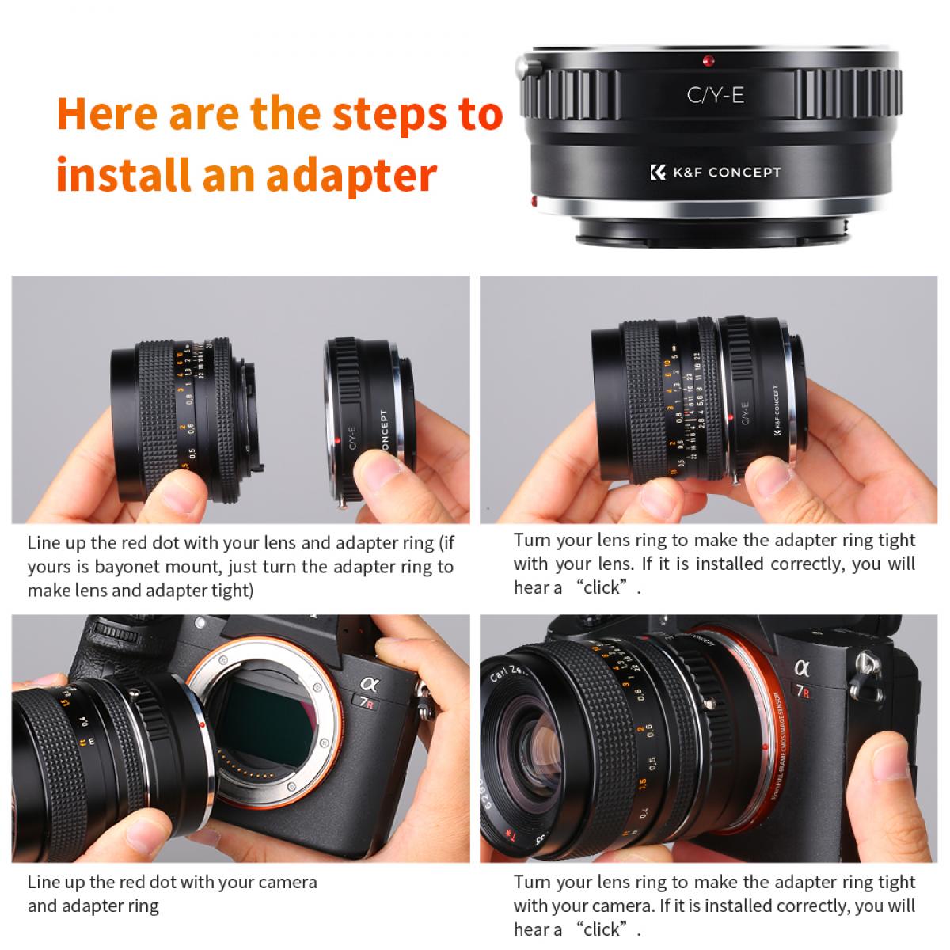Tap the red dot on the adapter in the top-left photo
coord(338,440)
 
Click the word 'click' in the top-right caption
coord(606,587)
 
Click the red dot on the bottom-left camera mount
coord(204,724)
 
